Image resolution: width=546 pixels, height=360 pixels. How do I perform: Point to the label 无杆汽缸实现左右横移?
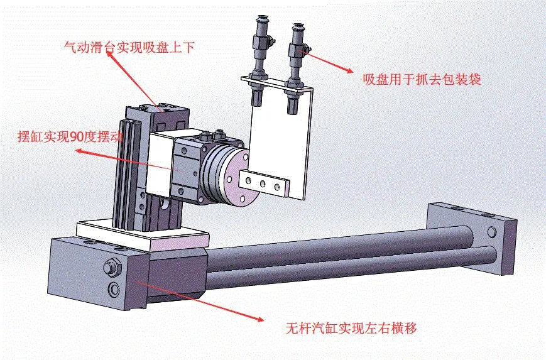pos(351,328)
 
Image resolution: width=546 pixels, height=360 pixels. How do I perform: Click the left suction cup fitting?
pos(258,50)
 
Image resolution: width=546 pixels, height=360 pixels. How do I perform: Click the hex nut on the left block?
pos(112,267)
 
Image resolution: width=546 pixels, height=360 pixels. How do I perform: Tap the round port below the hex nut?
pos(114,289)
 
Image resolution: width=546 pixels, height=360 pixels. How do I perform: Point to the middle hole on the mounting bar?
pos(262,183)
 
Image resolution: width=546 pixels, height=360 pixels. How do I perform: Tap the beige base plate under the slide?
pos(141,233)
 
